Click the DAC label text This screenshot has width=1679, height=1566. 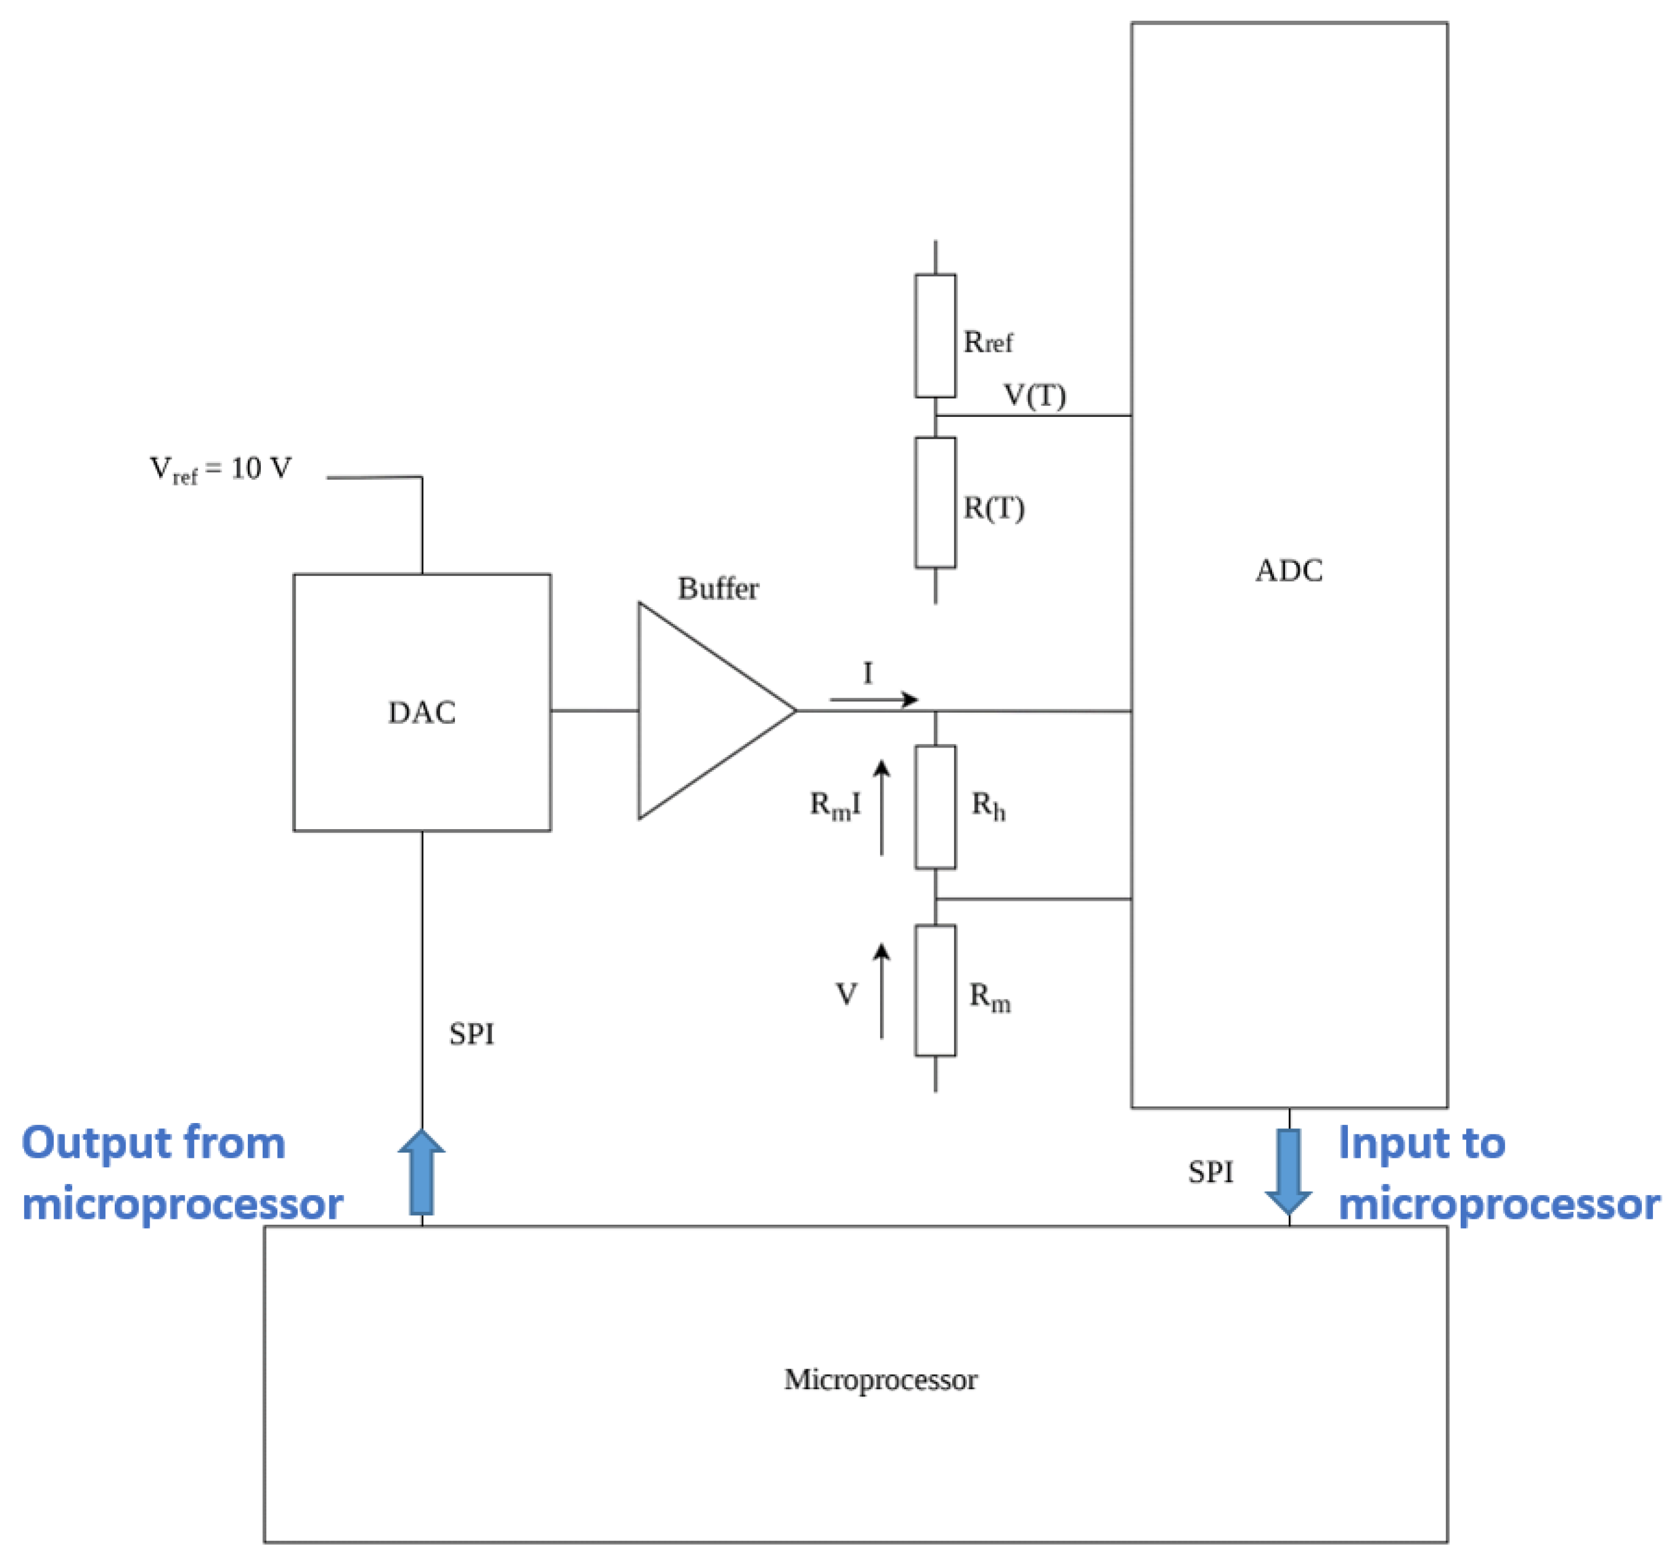422,712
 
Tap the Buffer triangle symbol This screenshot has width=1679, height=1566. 701,710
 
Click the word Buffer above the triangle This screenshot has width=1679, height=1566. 718,588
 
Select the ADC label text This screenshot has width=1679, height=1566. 1289,571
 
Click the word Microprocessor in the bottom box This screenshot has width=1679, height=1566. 880,1379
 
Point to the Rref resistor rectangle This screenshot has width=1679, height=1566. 935,335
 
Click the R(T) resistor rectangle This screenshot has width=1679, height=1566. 935,503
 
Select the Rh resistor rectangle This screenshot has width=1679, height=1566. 935,807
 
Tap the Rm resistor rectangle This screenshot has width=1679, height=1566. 935,990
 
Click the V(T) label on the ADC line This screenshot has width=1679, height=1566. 1034,395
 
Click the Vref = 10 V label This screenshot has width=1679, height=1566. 221,469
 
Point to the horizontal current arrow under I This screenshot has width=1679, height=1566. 874,700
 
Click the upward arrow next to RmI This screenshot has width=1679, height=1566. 882,807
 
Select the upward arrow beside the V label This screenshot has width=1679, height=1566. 882,990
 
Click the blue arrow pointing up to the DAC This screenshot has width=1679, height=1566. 422,1172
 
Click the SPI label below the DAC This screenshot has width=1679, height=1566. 471,1034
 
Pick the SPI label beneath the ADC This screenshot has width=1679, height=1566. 1210,1172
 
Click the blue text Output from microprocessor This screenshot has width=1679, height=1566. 182,1173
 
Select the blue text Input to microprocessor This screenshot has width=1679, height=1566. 1498,1173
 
